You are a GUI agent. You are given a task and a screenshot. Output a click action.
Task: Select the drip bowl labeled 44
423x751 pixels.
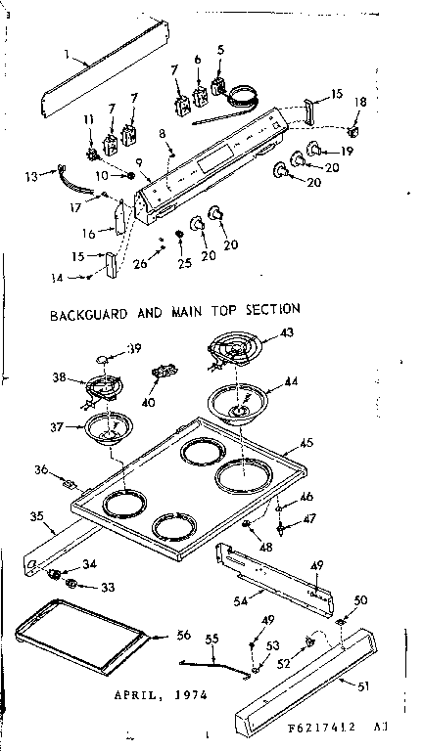click(238, 403)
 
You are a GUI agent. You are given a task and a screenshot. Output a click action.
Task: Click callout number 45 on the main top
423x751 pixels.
click(306, 443)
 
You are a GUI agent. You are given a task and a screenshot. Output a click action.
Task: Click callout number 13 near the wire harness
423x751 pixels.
click(31, 177)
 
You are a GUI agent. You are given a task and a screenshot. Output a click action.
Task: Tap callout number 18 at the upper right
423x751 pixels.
click(361, 102)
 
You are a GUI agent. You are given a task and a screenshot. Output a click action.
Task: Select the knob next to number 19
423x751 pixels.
click(314, 149)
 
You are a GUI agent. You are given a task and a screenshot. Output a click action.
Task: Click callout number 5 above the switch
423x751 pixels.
click(220, 49)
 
